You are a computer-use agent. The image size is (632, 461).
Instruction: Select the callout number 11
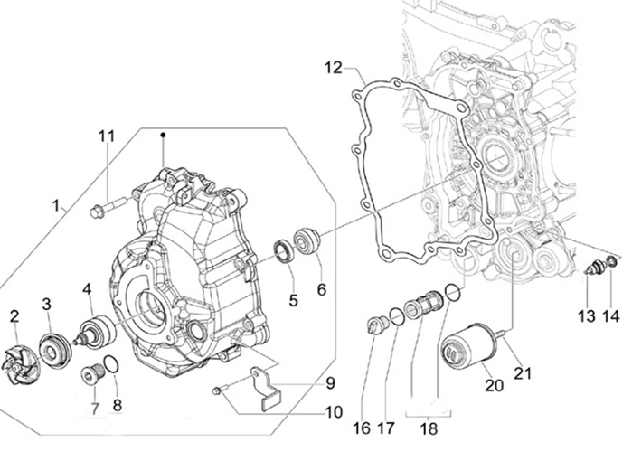108,136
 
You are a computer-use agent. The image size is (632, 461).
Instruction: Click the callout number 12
334,67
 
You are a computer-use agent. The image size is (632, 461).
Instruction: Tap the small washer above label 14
611,263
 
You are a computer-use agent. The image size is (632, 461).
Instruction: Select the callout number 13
587,315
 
